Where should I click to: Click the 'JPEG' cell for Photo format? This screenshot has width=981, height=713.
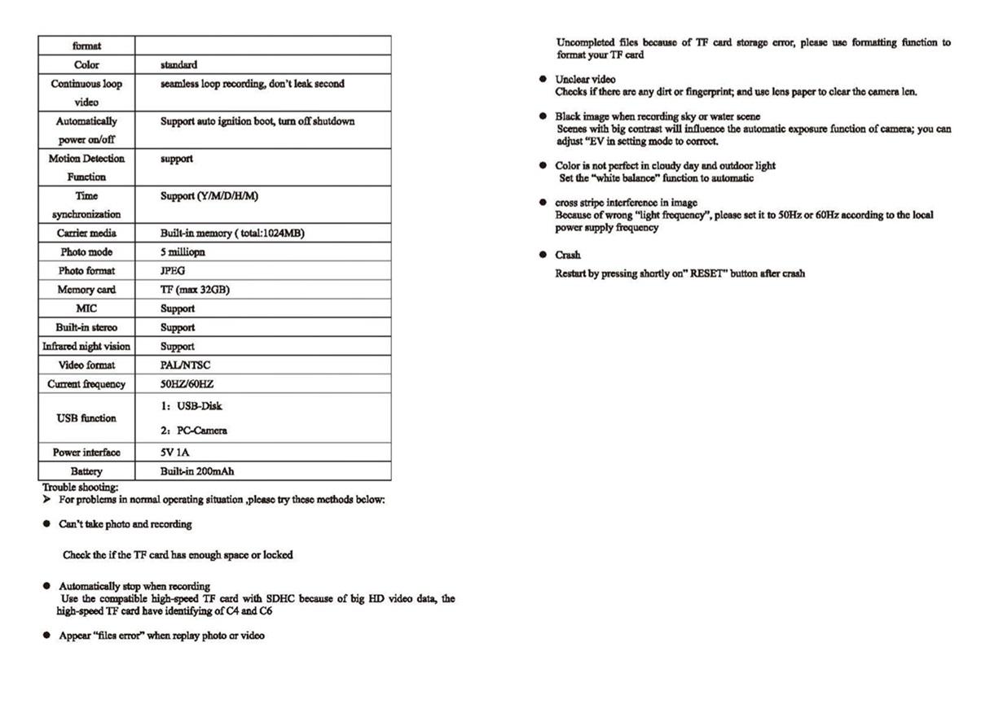[x=173, y=271]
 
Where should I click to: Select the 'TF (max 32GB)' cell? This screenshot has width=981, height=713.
[x=195, y=290]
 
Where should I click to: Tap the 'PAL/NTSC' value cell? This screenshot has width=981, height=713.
[x=185, y=365]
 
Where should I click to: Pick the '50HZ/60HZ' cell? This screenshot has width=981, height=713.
[x=187, y=384]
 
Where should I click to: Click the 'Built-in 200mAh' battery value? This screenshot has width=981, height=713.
[x=198, y=471]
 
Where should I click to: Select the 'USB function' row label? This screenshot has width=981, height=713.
[x=86, y=418]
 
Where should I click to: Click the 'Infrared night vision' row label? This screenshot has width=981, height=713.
[x=86, y=347]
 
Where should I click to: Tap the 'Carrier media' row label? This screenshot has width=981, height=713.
[x=86, y=234]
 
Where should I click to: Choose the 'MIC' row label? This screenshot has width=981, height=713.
[x=86, y=308]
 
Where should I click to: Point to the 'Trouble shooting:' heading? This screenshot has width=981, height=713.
[x=81, y=488]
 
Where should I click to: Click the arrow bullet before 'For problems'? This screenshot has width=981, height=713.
[x=47, y=499]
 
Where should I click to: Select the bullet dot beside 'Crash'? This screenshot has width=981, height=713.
[x=543, y=255]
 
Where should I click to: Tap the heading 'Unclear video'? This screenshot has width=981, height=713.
[x=585, y=80]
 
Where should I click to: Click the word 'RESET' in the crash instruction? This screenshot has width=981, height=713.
[x=706, y=273]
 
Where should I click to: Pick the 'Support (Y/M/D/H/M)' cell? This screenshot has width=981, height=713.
[x=209, y=196]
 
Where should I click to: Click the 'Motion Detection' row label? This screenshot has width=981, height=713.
[x=86, y=159]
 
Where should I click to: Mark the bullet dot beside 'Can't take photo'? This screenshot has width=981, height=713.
[x=46, y=524]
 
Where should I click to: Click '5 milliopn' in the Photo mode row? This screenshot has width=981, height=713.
[x=183, y=252]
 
